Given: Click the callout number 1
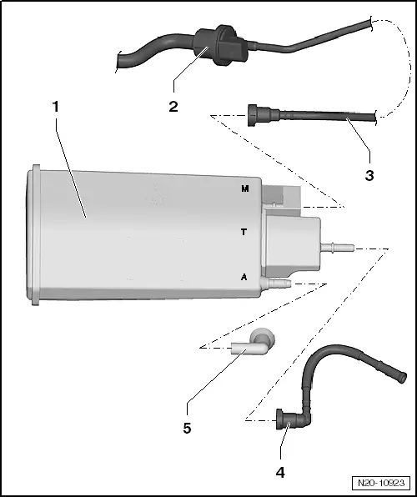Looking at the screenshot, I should (55, 108).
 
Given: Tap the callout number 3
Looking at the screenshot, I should (369, 175).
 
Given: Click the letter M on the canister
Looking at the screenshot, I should (244, 189).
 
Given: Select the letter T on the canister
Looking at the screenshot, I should (244, 233).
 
